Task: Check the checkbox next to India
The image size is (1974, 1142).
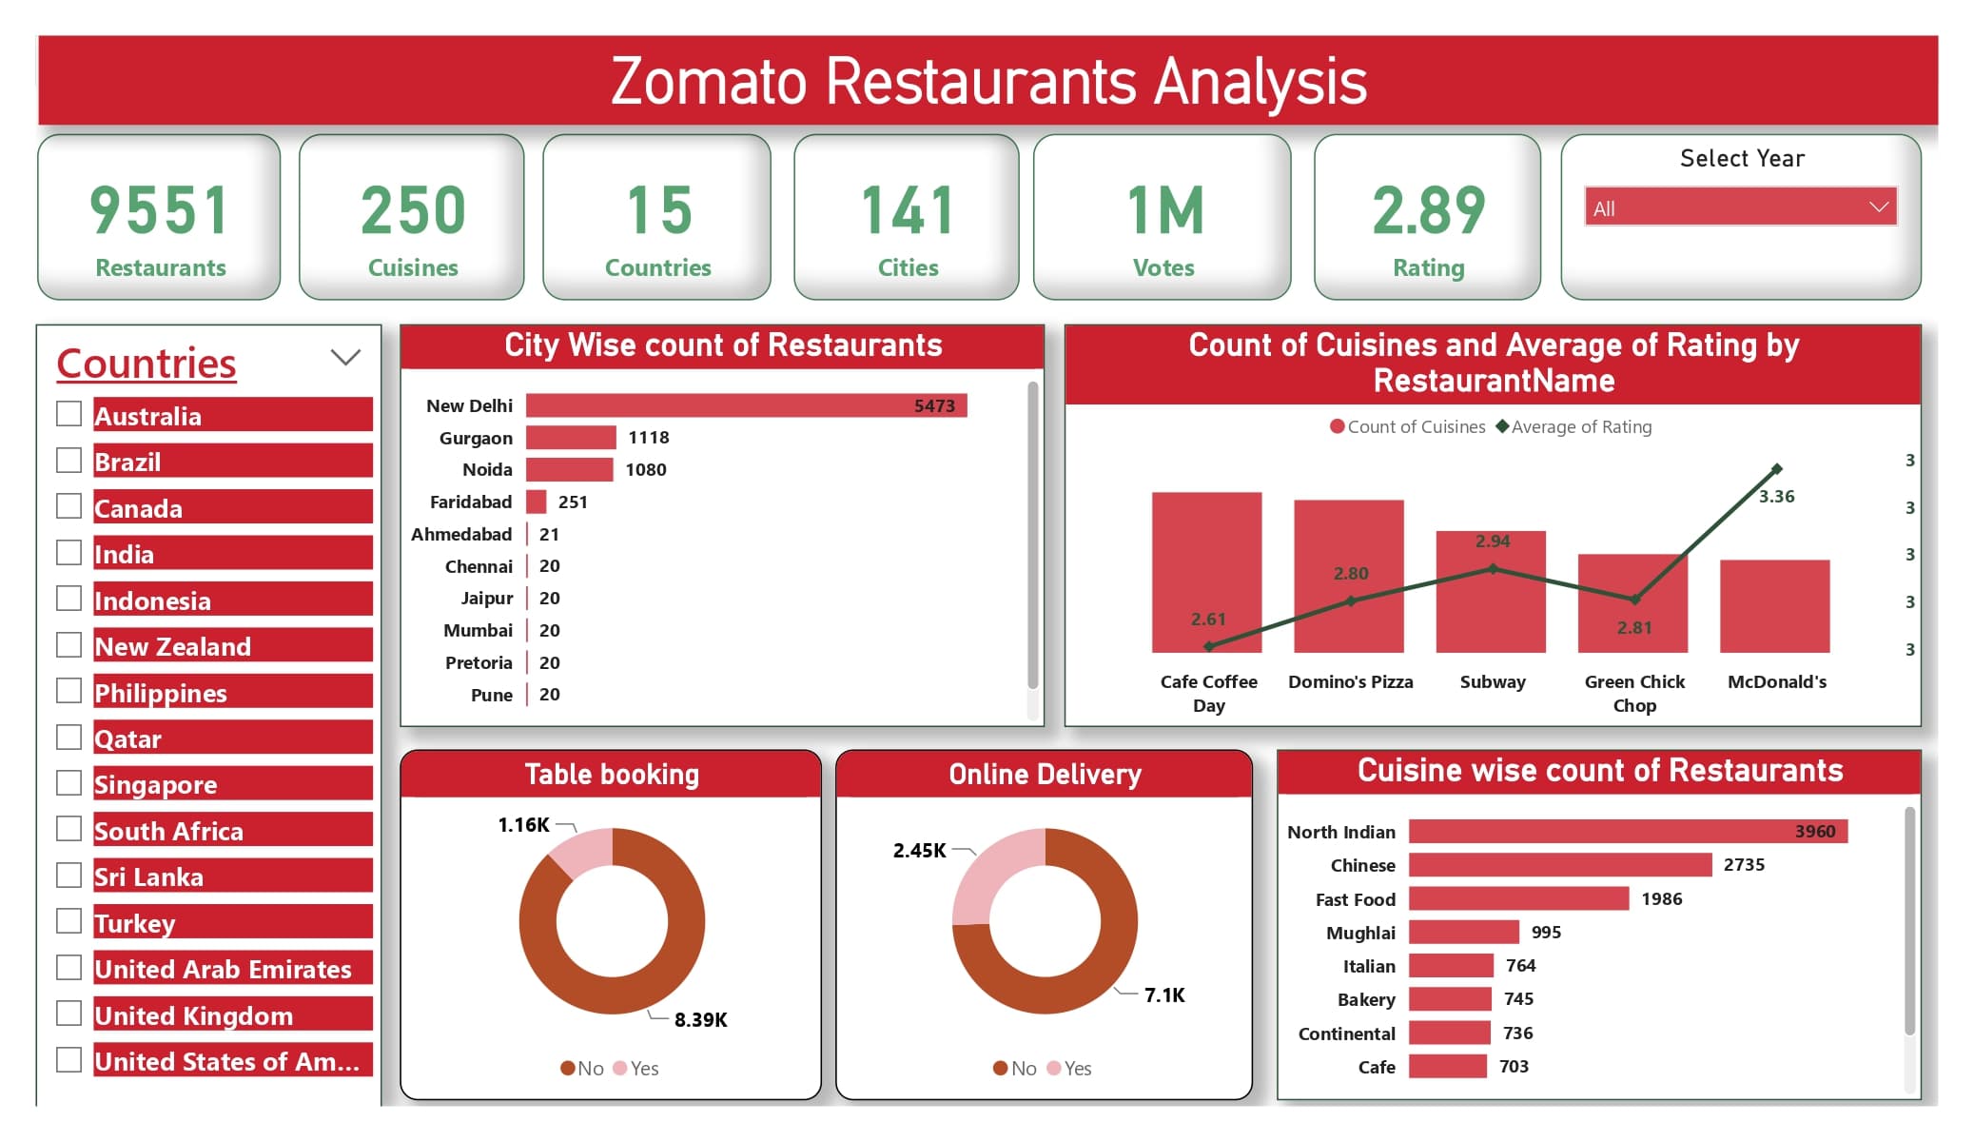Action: point(68,553)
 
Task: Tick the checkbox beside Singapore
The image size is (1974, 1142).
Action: point(68,783)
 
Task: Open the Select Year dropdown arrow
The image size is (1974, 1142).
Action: point(1878,207)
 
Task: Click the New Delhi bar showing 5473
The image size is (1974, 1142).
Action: point(745,405)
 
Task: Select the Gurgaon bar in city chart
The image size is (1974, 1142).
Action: point(571,438)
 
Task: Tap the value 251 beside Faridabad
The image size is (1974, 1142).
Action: point(573,502)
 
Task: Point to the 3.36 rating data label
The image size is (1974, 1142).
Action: point(1776,497)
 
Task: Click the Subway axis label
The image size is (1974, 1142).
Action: point(1492,681)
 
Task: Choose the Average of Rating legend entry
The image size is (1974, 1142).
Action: point(1580,427)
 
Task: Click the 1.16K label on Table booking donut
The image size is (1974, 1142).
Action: point(523,825)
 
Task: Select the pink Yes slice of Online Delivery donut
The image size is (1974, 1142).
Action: point(989,871)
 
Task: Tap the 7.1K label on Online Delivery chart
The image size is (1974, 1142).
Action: point(1163,995)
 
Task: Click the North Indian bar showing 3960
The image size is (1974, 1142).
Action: point(1627,832)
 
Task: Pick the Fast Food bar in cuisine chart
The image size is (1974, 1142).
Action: point(1518,898)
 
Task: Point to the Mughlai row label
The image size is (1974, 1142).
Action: point(1360,933)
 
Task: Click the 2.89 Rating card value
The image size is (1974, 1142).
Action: point(1427,211)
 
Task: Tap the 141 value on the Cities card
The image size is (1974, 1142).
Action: point(907,211)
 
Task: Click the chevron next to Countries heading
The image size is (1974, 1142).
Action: point(345,358)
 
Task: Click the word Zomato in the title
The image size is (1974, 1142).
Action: point(709,82)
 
